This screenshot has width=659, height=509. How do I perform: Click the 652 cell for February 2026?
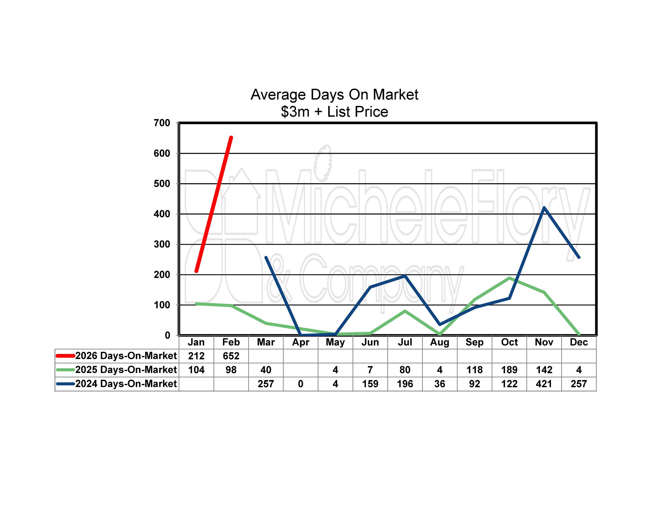(x=231, y=356)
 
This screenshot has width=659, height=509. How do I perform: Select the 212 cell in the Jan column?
(x=196, y=356)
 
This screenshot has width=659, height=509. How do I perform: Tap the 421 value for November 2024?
(x=544, y=384)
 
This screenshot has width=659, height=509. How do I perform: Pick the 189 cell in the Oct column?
(x=509, y=370)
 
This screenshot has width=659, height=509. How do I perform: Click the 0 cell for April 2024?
(x=301, y=384)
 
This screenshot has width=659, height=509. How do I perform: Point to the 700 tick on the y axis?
(x=162, y=123)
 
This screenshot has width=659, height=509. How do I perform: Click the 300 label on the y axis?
(x=162, y=244)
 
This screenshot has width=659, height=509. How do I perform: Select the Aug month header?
(x=440, y=342)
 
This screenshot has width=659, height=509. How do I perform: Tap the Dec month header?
(x=579, y=342)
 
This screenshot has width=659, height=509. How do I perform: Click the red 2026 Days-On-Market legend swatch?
(x=65, y=356)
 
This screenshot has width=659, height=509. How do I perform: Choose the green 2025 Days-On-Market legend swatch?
(x=65, y=370)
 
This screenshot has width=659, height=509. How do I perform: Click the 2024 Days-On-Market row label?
(x=126, y=384)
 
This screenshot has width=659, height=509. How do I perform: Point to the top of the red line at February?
(x=231, y=138)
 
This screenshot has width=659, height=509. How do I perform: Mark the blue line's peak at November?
(x=544, y=208)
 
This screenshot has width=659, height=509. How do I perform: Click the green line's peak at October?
(x=509, y=278)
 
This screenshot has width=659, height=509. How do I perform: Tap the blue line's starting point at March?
(x=266, y=257)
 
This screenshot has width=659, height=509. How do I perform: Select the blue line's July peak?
(x=405, y=276)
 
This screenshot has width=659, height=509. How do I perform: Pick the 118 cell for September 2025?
(x=475, y=370)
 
